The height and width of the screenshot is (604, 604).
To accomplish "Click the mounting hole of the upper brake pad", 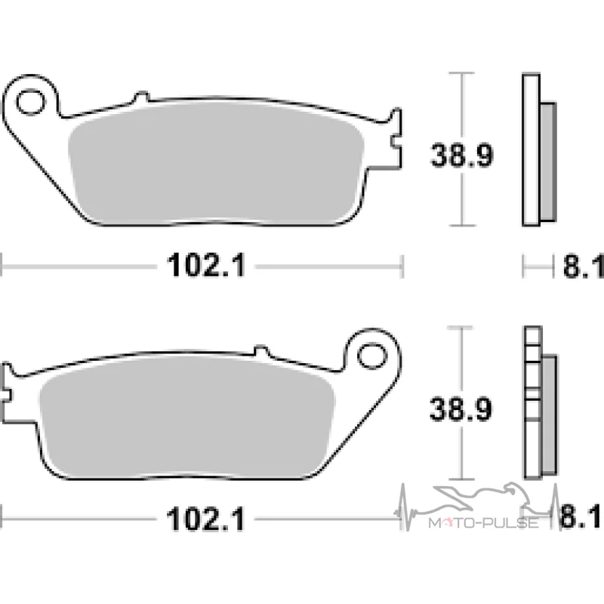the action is tap(29, 102).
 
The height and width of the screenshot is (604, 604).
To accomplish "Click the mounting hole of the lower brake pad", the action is tap(372, 356).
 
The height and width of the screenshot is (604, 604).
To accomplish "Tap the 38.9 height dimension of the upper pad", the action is tap(461, 155).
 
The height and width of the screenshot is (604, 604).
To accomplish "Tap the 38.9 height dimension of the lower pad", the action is tap(461, 408).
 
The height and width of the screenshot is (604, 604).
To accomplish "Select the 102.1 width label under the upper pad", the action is tap(206, 265).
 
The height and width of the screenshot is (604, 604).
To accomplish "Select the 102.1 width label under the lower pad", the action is tap(205, 519).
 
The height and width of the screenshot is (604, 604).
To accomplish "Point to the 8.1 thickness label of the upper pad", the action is tap(583, 267).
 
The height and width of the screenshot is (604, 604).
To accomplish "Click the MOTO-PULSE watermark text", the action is tap(483, 522).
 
